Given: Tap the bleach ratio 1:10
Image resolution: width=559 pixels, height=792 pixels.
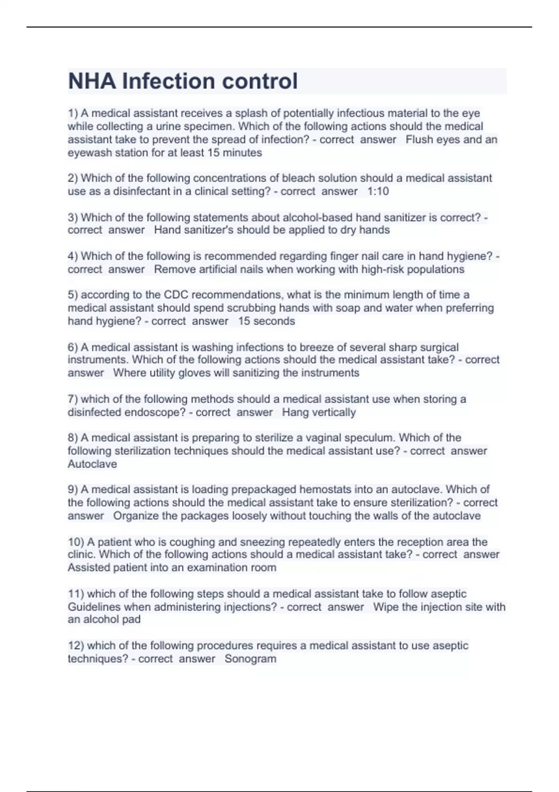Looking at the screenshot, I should (378, 191).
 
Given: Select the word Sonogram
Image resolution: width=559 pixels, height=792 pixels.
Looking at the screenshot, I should (250, 659).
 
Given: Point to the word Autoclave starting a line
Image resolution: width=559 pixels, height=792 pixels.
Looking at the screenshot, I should (92, 464).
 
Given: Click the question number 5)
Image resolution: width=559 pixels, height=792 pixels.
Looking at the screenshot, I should (73, 295).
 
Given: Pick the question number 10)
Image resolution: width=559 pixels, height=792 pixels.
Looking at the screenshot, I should (76, 542).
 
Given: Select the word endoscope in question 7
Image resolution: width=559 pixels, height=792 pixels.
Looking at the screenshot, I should (152, 412).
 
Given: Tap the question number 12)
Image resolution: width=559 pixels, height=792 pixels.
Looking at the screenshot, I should (76, 646).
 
